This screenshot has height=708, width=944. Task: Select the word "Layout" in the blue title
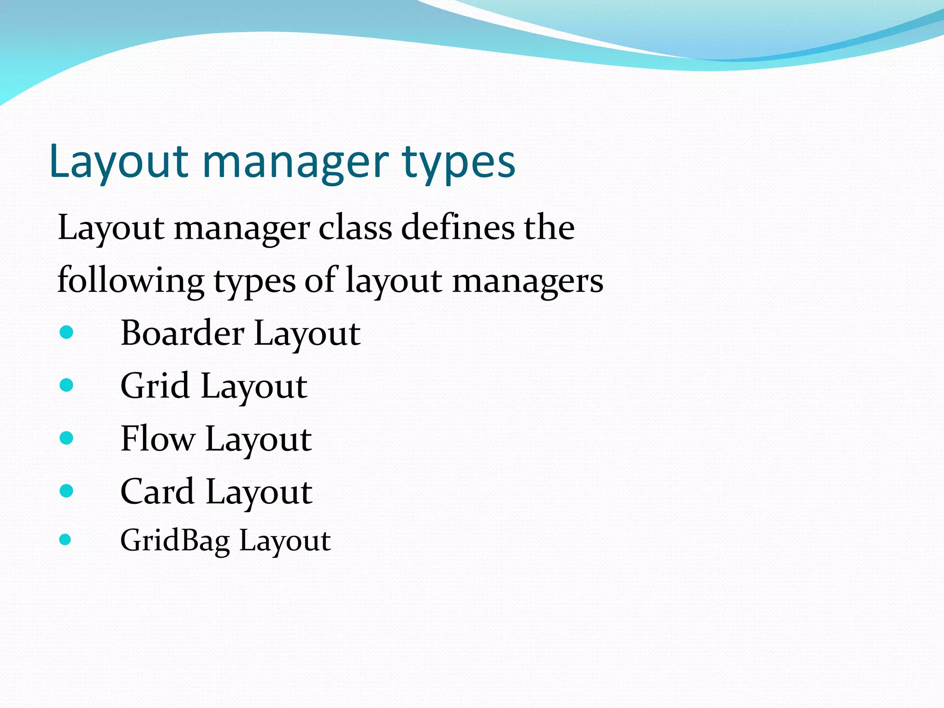click(x=118, y=162)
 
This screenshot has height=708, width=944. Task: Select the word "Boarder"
click(x=182, y=333)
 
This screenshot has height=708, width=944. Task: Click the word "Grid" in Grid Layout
click(x=155, y=386)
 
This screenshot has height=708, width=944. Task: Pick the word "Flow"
click(x=157, y=438)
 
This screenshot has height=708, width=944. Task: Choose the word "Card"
click(x=157, y=491)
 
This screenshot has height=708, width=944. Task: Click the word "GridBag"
click(x=175, y=541)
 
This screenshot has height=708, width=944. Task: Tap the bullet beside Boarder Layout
click(x=66, y=332)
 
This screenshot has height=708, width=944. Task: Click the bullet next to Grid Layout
click(x=66, y=385)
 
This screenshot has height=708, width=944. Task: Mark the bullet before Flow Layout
click(x=66, y=438)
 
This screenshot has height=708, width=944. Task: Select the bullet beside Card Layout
click(x=66, y=490)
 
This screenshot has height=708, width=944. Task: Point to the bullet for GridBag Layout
click(x=65, y=539)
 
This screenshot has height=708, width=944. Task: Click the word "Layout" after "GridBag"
click(x=284, y=541)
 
